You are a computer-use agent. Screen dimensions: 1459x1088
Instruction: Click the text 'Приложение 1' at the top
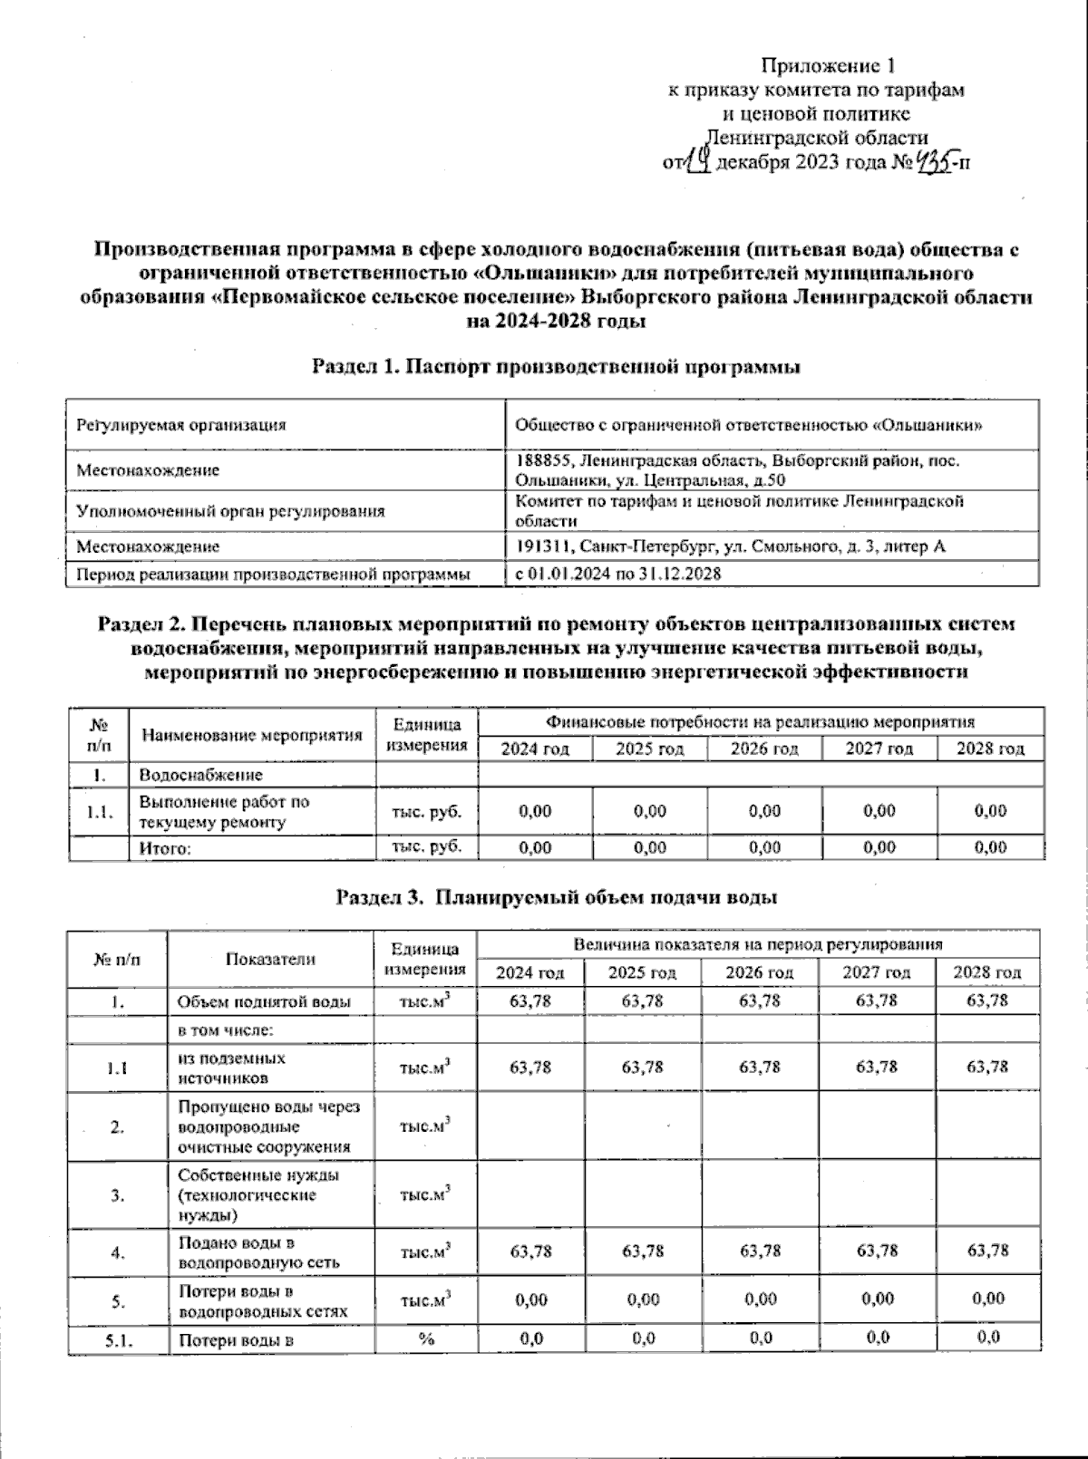[828, 65]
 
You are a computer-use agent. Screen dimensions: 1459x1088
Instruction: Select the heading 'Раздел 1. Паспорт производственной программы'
[556, 367]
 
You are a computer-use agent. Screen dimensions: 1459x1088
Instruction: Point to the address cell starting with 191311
[730, 546]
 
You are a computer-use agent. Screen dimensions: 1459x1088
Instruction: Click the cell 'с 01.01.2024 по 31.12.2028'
[618, 574]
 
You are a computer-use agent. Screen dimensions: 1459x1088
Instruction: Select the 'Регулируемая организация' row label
[181, 425]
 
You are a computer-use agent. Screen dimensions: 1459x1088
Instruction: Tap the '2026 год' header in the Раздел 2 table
[763, 749]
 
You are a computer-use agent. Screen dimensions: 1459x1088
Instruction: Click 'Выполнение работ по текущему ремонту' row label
[224, 812]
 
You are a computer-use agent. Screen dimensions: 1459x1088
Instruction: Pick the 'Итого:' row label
[165, 848]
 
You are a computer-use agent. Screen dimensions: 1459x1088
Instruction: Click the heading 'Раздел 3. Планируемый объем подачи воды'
[556, 897]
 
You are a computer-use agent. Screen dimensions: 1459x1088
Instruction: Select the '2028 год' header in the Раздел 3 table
[986, 972]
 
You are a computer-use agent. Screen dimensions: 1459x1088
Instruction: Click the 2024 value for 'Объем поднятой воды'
[530, 1000]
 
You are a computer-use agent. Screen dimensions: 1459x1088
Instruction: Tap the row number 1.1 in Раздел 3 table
[117, 1068]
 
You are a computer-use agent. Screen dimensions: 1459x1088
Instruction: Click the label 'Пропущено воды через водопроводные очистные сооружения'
[268, 1126]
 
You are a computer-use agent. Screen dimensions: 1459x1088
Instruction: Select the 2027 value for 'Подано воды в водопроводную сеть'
[877, 1251]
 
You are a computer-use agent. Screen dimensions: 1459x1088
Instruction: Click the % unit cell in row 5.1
[425, 1338]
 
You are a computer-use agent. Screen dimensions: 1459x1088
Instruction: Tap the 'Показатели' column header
[270, 959]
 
